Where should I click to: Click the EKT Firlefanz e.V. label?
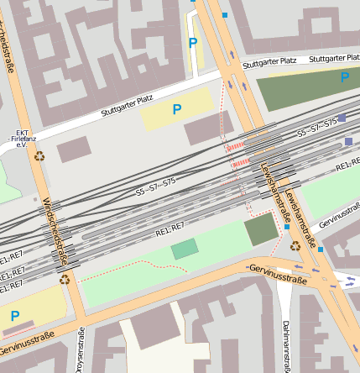[x=23, y=139]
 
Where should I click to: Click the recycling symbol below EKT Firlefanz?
[x=39, y=155]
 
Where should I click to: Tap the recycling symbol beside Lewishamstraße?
[x=295, y=245]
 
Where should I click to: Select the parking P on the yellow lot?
[x=177, y=109]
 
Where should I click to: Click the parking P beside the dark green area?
[x=345, y=77]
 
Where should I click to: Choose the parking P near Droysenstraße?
[x=14, y=316]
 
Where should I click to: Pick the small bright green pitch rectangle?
[x=185, y=249]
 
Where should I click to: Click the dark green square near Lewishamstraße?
[x=261, y=229]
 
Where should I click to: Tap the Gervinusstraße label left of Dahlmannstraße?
[x=278, y=271]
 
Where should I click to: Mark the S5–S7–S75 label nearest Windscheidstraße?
[x=156, y=186]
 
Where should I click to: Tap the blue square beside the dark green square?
[x=286, y=227]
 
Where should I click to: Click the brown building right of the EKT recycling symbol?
[x=73, y=150]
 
